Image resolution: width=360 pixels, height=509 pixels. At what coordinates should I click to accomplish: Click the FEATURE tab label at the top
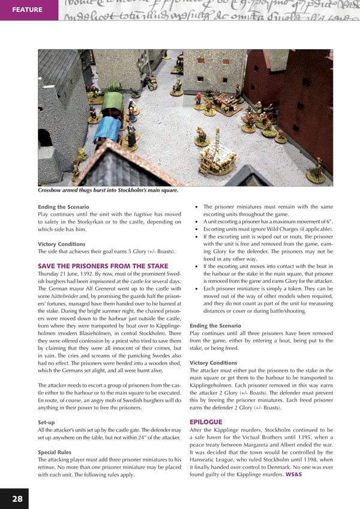(27, 10)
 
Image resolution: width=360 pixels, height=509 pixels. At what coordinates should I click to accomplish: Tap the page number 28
(17, 498)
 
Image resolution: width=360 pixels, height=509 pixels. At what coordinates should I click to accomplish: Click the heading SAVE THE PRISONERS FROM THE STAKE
(103, 266)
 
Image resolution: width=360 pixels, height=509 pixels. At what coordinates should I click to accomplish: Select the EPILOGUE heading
(206, 422)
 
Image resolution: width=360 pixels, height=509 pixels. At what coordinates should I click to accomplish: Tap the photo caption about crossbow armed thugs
(100, 191)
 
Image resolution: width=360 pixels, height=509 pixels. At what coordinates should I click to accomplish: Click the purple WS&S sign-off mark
(294, 474)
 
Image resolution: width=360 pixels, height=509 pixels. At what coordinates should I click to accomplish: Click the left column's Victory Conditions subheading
(62, 244)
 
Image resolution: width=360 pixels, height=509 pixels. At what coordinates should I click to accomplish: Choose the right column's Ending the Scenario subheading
(215, 325)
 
